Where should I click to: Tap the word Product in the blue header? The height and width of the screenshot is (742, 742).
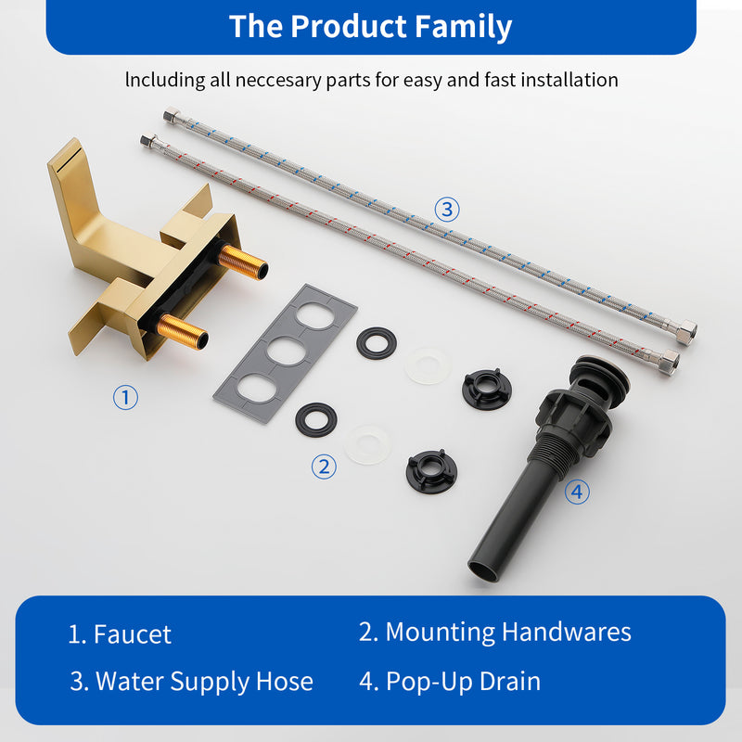[341, 26]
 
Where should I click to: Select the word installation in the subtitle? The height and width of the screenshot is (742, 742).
[559, 80]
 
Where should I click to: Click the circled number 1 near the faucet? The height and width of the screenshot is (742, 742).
[125, 398]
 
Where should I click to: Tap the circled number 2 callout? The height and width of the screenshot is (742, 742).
[323, 467]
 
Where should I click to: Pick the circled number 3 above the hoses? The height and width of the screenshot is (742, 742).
[447, 209]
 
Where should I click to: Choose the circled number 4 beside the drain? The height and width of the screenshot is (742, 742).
[576, 492]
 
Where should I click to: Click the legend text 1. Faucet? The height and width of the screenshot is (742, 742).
[120, 634]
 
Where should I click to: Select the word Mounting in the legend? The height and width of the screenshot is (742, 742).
[440, 632]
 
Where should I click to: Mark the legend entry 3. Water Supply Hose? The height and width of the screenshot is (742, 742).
[191, 682]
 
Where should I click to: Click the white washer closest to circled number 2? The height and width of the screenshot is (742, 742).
[368, 443]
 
